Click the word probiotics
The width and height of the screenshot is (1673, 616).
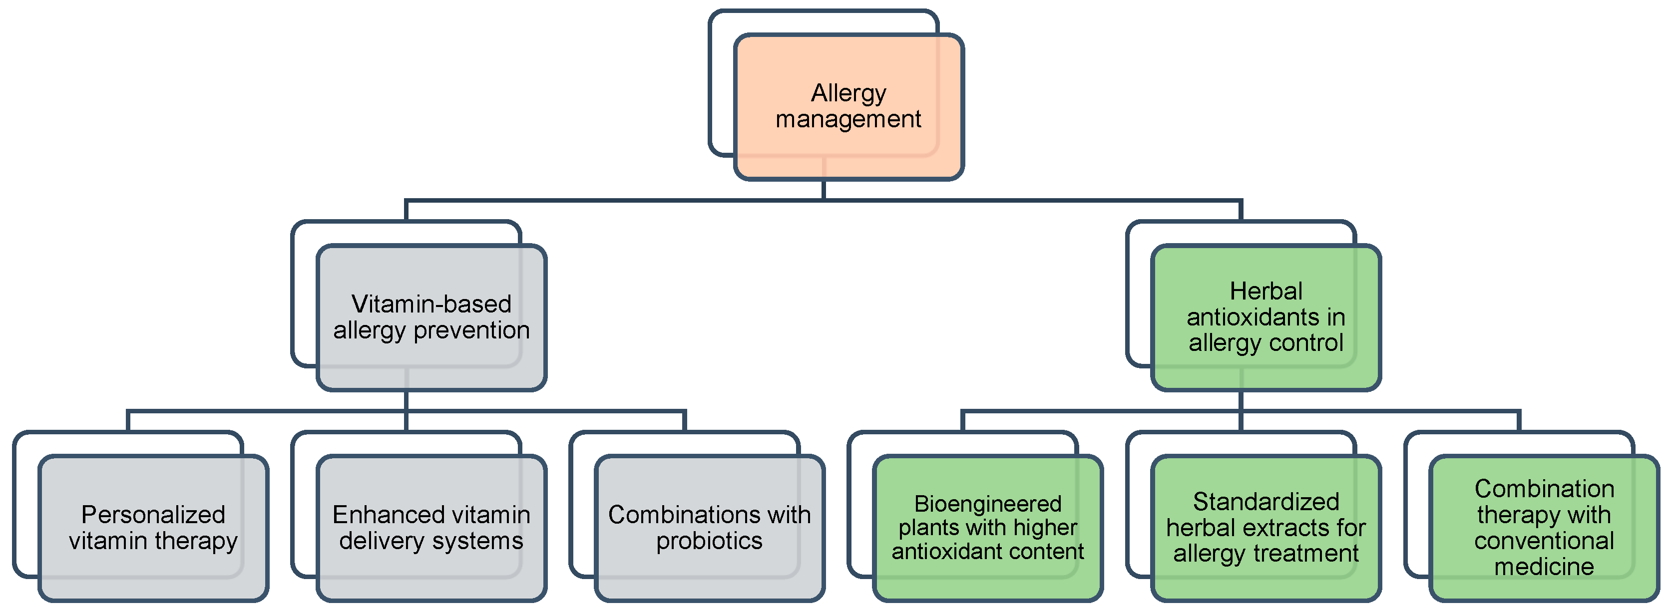pyautogui.click(x=709, y=541)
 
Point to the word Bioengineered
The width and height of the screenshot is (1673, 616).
pyautogui.click(x=987, y=504)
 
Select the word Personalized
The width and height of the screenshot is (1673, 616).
pyautogui.click(x=153, y=515)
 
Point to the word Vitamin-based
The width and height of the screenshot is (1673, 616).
pyautogui.click(x=431, y=304)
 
